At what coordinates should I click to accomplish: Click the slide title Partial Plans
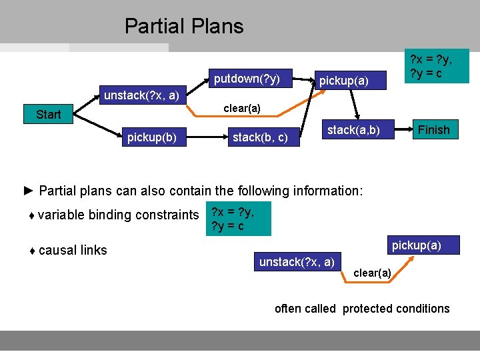(184, 26)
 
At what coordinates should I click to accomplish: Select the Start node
(48, 114)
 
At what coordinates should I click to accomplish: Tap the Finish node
(433, 129)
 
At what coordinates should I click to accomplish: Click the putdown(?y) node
(247, 79)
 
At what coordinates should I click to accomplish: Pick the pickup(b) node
(152, 138)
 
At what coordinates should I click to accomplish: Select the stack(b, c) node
(260, 138)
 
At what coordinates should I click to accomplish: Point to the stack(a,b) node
(353, 130)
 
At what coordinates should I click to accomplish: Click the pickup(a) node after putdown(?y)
(343, 81)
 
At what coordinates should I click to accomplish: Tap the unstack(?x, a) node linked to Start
(141, 95)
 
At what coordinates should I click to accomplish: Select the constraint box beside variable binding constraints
(238, 219)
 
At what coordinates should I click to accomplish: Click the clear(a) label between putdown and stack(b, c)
(241, 108)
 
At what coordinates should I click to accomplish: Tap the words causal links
(73, 250)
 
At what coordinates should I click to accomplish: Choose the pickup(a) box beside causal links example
(416, 245)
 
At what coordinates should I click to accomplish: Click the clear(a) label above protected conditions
(372, 273)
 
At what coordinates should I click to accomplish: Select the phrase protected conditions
(396, 308)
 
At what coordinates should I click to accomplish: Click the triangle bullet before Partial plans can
(28, 191)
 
